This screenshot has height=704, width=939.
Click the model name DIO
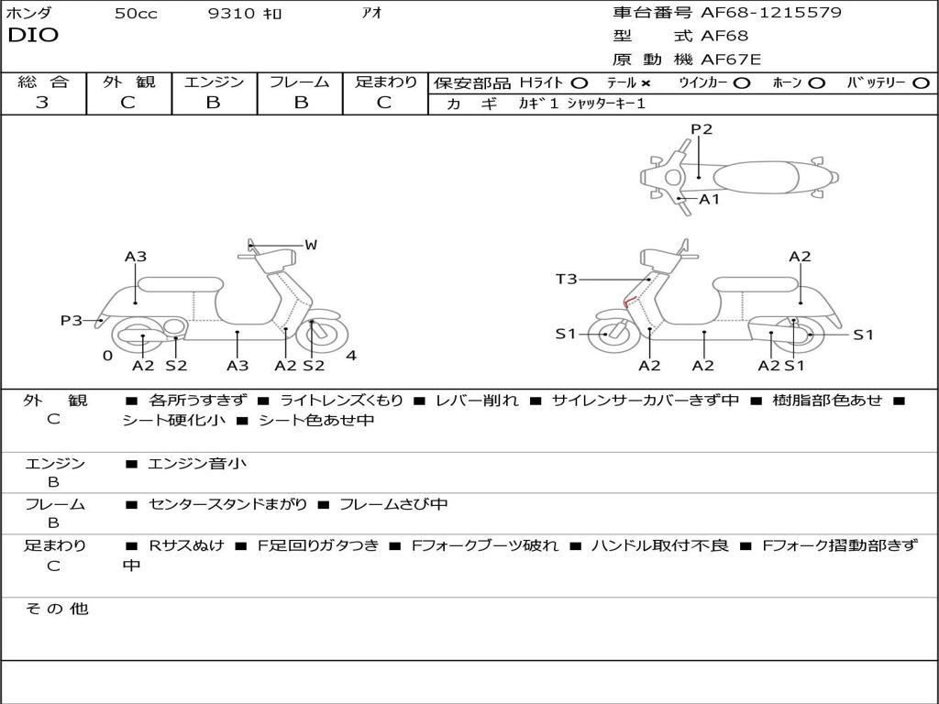33,36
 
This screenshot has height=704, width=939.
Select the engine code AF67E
731,60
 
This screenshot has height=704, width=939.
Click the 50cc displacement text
136,14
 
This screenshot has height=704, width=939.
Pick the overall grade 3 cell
42,103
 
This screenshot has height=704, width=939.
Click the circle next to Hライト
579,83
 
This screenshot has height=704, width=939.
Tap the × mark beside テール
646,83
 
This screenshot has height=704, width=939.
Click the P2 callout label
701,129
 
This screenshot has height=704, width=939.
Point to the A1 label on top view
710,199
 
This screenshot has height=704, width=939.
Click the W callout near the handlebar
311,245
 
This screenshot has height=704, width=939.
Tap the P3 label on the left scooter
71,321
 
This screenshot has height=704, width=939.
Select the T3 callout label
567,279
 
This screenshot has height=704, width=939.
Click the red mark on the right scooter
629,302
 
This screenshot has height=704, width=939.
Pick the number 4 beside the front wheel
351,356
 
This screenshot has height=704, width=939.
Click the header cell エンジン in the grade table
214,82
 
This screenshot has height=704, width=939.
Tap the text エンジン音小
197,464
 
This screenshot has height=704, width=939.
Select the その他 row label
57,609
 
